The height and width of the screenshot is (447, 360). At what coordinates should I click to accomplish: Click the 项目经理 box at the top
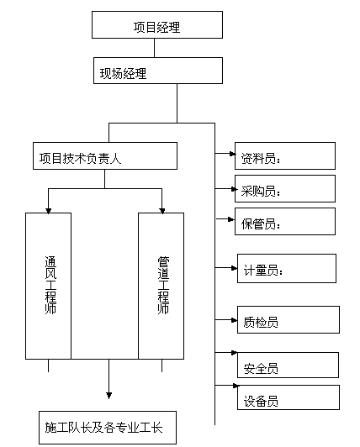[157, 25]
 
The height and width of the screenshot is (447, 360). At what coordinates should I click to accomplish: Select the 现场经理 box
[158, 71]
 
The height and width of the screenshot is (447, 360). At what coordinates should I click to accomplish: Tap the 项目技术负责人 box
[105, 156]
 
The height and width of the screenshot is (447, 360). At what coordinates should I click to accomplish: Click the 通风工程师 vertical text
[50, 285]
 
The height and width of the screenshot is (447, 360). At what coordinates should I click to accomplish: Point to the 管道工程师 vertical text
[163, 285]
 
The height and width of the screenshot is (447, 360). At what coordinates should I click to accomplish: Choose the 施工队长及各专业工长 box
[108, 428]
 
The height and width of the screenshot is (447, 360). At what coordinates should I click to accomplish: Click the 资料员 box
[285, 156]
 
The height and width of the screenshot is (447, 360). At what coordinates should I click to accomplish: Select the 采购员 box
[285, 189]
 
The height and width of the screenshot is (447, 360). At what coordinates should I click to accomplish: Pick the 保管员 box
[285, 222]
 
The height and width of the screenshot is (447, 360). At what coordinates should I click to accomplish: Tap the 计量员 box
[287, 269]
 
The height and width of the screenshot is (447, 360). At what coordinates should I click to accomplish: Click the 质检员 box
[289, 320]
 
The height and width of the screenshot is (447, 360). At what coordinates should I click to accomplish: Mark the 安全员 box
[288, 365]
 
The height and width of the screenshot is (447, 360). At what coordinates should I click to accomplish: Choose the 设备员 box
[289, 397]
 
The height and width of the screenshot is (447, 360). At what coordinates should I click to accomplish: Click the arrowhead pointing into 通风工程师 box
[48, 211]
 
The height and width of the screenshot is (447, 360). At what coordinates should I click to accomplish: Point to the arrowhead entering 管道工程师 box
[161, 211]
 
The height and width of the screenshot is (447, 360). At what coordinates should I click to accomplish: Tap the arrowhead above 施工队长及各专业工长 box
[109, 396]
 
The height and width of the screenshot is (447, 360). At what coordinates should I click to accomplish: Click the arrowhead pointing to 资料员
[233, 154]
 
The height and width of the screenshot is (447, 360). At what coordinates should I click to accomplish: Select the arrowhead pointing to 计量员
[234, 268]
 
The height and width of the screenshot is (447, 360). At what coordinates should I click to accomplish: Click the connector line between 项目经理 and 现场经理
[155, 48]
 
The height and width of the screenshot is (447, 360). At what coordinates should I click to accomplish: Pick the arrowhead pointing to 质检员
[234, 320]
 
